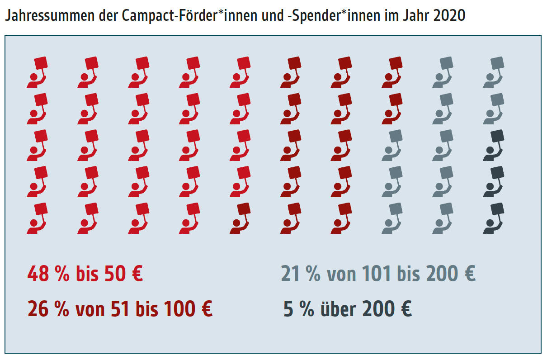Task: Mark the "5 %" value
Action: [x=298, y=310]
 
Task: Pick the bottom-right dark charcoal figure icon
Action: [x=494, y=219]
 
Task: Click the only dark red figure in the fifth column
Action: [x=240, y=219]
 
